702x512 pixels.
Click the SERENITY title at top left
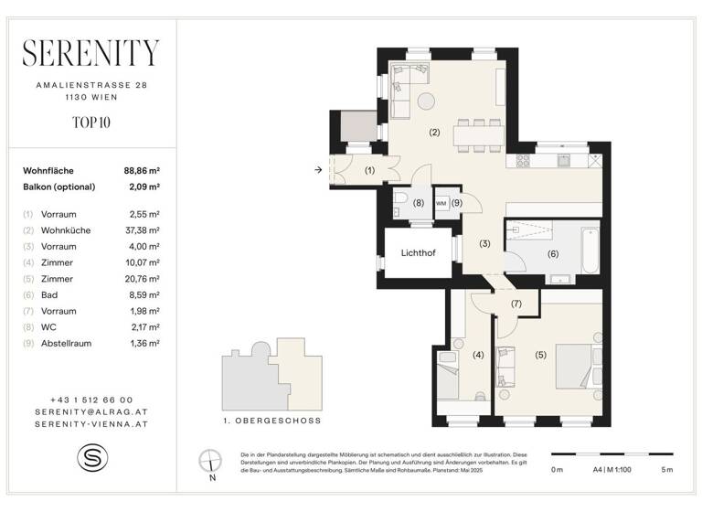91,54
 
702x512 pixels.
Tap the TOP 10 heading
91,120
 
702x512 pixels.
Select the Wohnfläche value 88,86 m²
143,170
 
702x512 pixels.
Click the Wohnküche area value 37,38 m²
143,230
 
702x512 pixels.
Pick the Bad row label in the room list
48,294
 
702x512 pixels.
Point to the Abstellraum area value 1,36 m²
143,343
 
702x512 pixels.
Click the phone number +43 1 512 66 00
91,400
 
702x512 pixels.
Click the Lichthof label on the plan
418,252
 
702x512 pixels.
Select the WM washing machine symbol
441,202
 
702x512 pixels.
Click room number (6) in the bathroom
553,253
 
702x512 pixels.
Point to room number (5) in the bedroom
540,355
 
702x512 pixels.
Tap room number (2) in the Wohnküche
434,133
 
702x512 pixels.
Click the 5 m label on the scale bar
665,469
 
